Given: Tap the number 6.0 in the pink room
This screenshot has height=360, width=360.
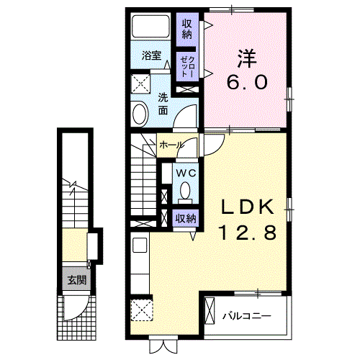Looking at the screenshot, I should [248, 82].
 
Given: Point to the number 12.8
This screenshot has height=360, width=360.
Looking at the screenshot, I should [247, 233].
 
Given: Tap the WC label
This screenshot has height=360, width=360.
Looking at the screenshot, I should [185, 174].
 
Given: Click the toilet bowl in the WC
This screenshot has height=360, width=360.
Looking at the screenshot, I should [185, 192].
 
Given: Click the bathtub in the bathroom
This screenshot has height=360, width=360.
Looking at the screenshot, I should [153, 28].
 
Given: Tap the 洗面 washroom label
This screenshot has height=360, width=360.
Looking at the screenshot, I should [163, 104].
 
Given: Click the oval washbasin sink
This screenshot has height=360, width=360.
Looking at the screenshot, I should [140, 112].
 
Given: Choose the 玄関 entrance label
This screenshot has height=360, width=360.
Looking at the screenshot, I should [74, 280].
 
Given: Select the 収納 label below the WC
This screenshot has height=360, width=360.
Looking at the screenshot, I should [185, 217].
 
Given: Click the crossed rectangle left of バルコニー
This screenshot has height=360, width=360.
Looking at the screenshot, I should [210, 311].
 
